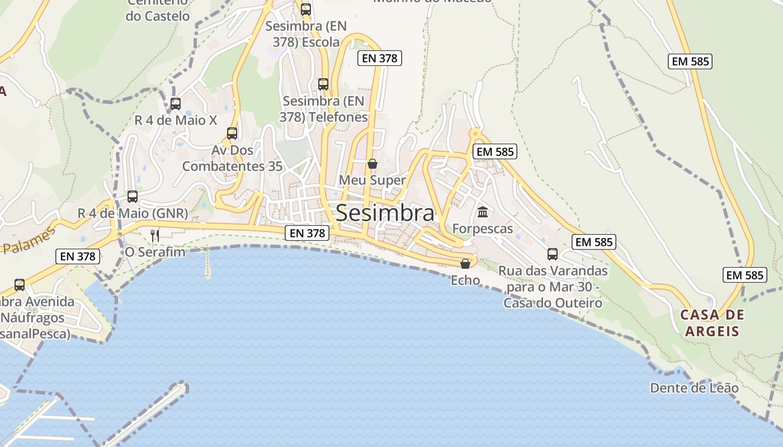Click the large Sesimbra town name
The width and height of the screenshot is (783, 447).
tap(385, 213)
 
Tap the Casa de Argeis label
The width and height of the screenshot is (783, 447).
tap(713, 323)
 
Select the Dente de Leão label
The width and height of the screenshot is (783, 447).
tap(694, 388)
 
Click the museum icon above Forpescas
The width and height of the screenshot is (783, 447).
tap(483, 212)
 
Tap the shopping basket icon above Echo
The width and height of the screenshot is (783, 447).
tap(465, 264)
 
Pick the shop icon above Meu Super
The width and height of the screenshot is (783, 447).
tap(372, 164)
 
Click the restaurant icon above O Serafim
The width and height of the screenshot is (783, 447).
tap(155, 235)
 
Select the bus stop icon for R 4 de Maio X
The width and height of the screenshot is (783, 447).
tap(176, 104)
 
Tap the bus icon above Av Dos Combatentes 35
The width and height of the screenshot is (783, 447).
tap(232, 134)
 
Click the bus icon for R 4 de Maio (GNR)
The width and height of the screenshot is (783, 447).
tap(133, 197)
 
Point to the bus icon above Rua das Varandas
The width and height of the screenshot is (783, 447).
tap(553, 254)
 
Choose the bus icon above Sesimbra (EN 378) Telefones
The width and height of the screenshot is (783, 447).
tap(323, 84)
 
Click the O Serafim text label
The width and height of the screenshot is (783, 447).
tap(155, 252)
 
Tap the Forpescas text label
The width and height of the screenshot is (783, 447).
tap(483, 229)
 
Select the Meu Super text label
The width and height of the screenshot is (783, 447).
tap(372, 180)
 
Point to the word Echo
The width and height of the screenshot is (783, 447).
tap(465, 280)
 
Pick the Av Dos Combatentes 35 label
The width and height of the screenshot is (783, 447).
tap(232, 158)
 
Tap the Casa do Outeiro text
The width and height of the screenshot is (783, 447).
tap(553, 303)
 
